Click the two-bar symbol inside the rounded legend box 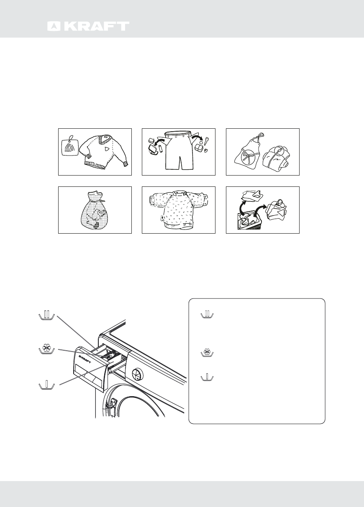coord(207,315)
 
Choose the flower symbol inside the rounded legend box coord(207,354)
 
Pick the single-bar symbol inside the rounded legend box coord(207,378)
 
